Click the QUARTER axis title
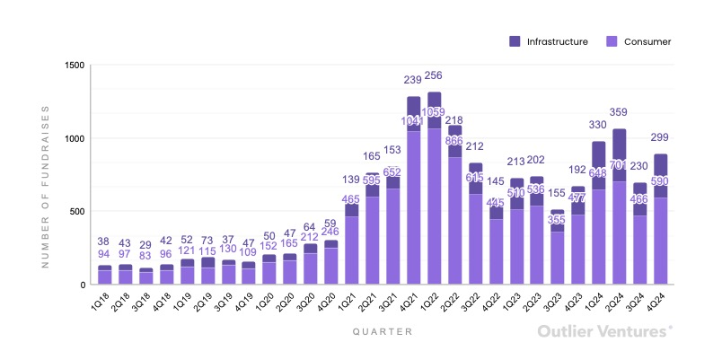point(383,331)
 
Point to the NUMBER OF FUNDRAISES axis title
point(46,186)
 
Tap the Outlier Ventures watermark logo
point(603,331)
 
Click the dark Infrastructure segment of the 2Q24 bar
point(620,148)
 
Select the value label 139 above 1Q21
point(351,180)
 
